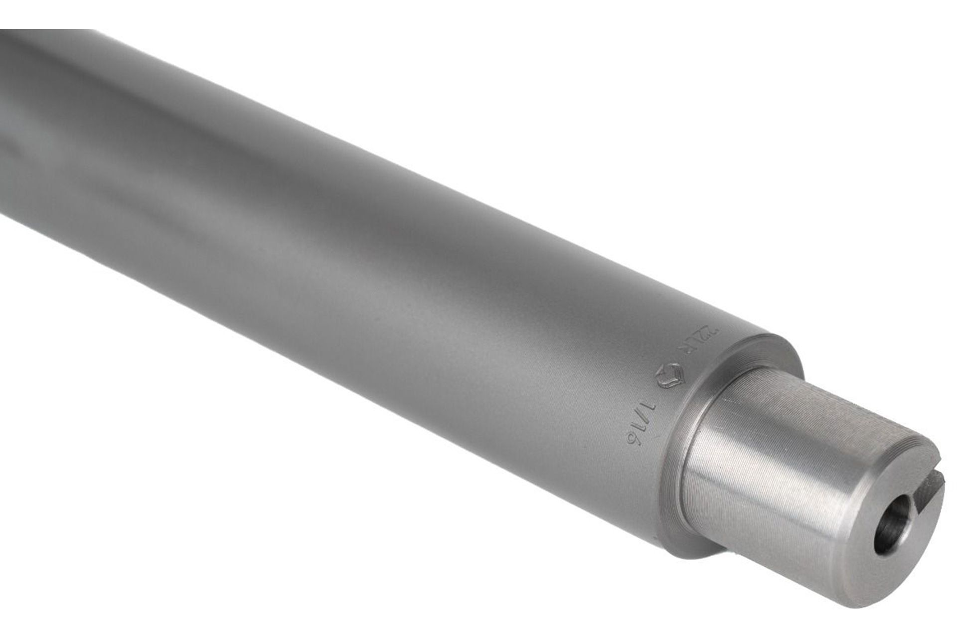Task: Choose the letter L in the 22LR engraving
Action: [699, 341]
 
